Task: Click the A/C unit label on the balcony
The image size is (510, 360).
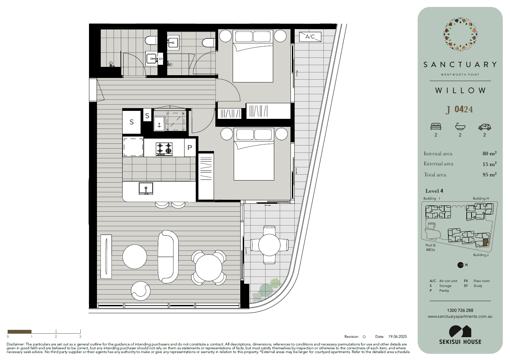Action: coord(310,37)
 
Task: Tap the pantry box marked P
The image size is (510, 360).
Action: coord(190,148)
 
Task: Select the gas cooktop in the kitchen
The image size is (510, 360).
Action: coord(164,149)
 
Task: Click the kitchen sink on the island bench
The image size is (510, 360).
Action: coord(146,188)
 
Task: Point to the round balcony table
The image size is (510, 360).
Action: coord(269,245)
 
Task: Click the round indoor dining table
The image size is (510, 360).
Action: coord(208,268)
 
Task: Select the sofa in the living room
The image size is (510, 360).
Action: coord(168,257)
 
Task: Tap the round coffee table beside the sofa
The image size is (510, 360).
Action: coord(135,257)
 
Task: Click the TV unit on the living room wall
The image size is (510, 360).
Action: coord(106,256)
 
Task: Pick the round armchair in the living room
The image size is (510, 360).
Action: coord(141,291)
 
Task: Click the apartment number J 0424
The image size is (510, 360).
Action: coord(459,109)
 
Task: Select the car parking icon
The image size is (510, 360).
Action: coord(484,127)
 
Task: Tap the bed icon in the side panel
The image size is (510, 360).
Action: coord(436,126)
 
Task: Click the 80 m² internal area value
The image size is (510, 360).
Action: coord(490,153)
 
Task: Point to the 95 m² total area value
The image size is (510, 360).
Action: coord(490,175)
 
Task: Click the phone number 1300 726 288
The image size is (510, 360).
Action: coord(460,310)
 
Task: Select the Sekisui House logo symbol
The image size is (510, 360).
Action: coord(460,331)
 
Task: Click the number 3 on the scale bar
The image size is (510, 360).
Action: coord(80,336)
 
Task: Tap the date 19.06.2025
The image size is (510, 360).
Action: coord(397,336)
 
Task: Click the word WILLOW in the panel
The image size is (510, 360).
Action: coord(460,90)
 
